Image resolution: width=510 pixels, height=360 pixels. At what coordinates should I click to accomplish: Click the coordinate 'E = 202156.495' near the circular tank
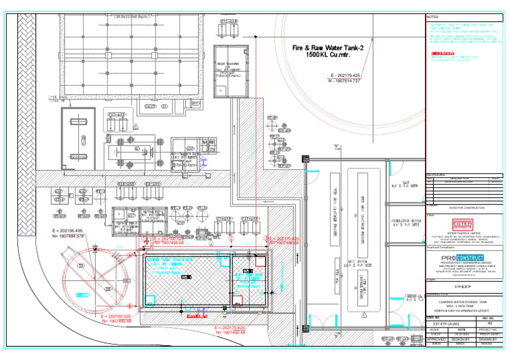click(66, 230)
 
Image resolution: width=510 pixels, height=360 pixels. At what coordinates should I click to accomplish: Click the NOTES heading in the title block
click(433, 17)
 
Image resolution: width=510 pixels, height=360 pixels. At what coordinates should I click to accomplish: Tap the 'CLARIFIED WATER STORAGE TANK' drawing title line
click(466, 302)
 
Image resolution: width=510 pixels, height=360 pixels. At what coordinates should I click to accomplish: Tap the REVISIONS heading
click(436, 174)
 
